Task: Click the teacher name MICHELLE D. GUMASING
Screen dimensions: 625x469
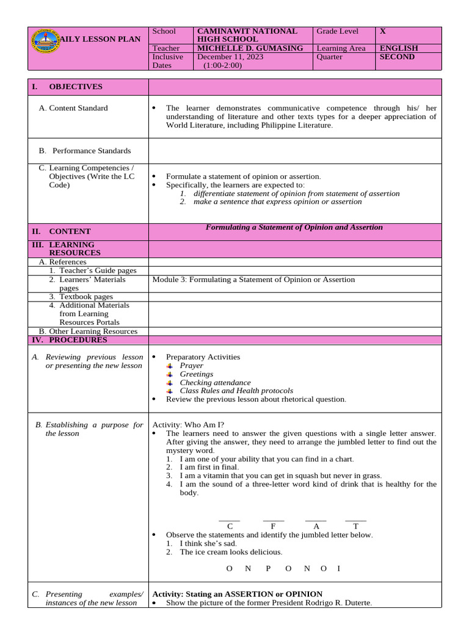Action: click(249, 48)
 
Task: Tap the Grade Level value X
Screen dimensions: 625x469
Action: click(383, 31)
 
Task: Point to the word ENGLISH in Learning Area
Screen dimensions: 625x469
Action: click(399, 48)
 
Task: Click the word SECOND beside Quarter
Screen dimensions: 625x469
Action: click(397, 57)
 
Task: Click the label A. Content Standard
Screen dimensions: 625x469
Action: click(78, 108)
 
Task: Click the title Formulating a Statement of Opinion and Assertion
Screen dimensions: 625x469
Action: click(294, 227)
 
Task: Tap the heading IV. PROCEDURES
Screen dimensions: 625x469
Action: click(78, 340)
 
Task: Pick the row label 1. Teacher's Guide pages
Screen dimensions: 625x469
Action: click(93, 270)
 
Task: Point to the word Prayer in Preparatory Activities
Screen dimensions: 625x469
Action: click(191, 366)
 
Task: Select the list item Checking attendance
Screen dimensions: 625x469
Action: click(215, 383)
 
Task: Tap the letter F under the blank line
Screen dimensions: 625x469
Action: click(274, 526)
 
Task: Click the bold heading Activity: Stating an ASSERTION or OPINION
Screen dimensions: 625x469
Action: click(237, 594)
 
